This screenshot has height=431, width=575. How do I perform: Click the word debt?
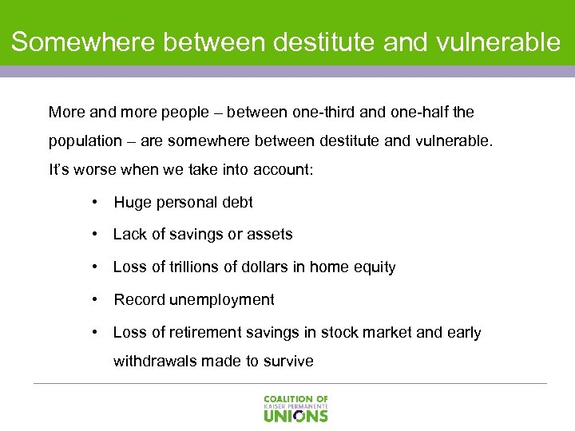236,203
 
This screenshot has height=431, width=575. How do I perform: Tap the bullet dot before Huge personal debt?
96,203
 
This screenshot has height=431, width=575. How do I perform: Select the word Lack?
130,235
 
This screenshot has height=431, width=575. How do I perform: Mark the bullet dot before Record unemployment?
96,300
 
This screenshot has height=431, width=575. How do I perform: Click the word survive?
288,362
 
